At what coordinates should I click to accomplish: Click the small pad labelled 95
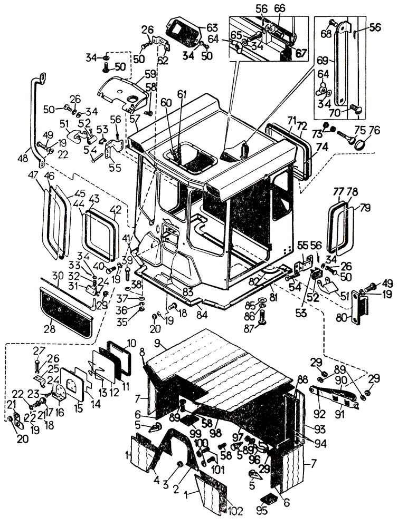pos(269,499)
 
